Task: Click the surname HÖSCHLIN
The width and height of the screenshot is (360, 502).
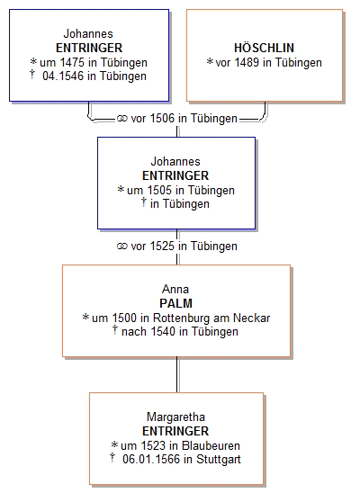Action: tap(264, 48)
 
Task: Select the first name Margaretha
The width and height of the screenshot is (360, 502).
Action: tap(175, 417)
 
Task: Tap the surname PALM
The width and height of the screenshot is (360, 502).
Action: tap(175, 303)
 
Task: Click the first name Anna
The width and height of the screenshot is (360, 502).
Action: tap(175, 289)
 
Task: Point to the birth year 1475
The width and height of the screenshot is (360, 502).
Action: tap(73, 62)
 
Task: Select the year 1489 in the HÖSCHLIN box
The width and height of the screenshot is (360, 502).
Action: tap(247, 62)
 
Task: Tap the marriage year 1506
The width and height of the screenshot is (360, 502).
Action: tap(162, 119)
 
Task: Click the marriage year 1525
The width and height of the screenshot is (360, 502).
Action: tap(162, 247)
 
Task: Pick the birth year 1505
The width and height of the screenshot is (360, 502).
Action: tap(159, 190)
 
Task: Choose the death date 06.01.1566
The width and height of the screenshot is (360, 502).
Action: tap(151, 460)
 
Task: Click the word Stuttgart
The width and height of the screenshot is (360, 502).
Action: tap(219, 460)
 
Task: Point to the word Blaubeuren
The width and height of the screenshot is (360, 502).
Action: tap(211, 445)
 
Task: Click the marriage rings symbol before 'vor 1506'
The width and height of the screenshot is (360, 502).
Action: tap(122, 119)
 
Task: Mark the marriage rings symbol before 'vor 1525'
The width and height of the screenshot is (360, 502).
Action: tap(122, 247)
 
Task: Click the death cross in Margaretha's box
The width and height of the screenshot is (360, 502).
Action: tap(112, 458)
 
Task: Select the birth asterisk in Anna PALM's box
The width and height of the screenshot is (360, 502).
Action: tap(85, 318)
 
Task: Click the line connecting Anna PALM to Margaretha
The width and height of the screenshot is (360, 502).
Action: tap(177, 374)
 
